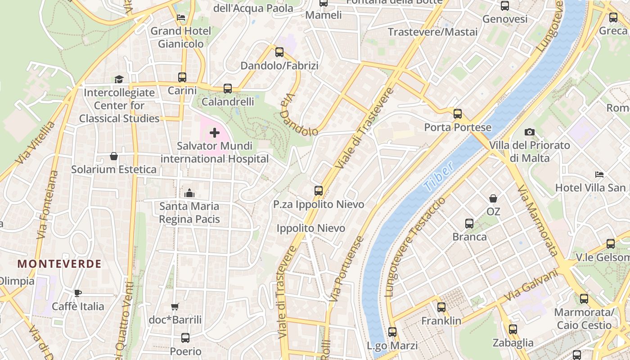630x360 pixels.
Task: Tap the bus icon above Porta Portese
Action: point(458,114)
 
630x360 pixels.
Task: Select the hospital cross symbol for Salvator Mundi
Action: point(215,133)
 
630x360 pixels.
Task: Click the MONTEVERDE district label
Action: point(59,264)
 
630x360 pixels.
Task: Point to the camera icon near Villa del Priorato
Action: point(530,132)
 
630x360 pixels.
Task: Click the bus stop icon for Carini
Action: point(182,77)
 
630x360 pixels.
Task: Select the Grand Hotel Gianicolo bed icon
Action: point(181,18)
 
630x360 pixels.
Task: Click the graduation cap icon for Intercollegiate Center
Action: point(119,80)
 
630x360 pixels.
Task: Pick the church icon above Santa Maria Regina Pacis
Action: point(189,193)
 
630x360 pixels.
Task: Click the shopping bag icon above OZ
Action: point(493,198)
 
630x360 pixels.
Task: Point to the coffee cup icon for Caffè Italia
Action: point(78,293)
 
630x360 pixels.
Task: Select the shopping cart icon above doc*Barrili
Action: point(175,307)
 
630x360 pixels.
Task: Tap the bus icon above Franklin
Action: point(441,307)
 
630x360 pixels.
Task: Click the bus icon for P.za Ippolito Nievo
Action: point(319,191)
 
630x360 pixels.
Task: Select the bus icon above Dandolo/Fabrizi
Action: point(279,52)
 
